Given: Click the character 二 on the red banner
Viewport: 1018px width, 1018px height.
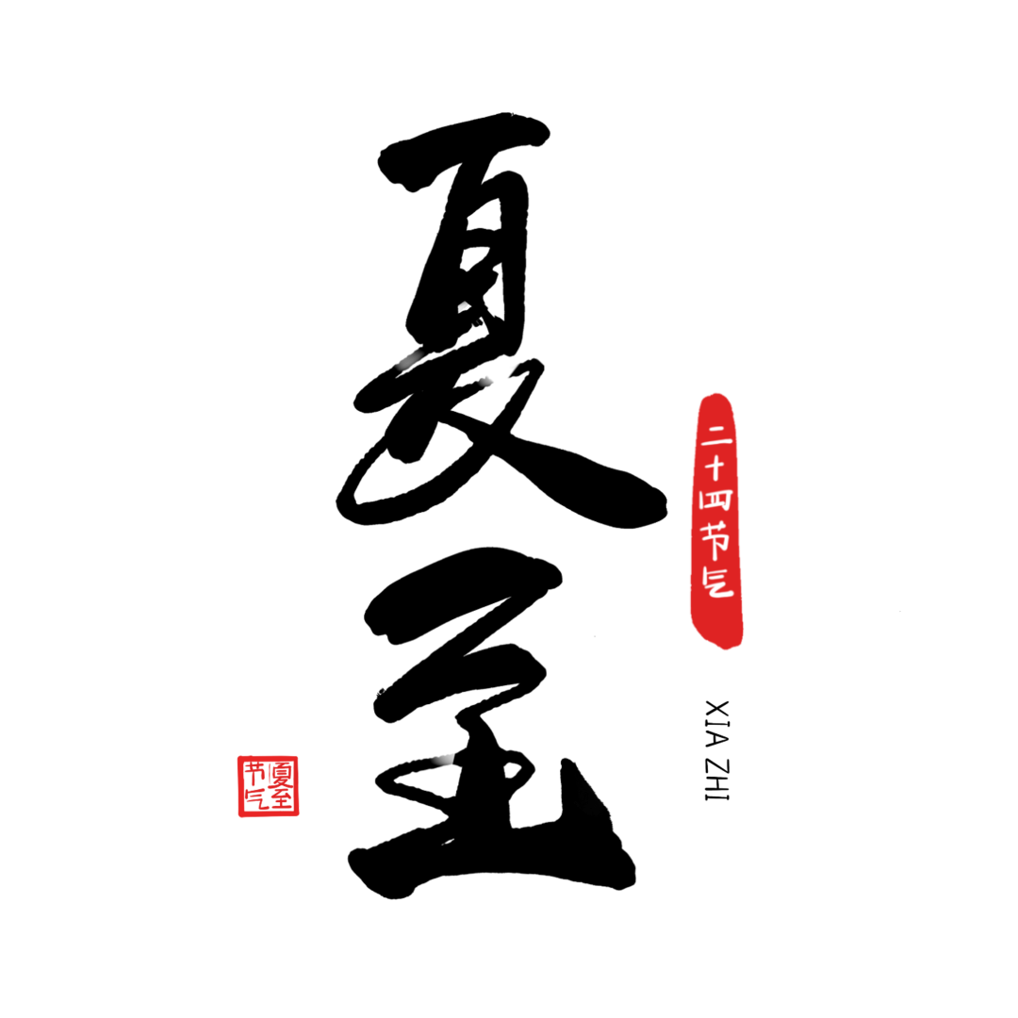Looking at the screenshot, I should pos(715,436).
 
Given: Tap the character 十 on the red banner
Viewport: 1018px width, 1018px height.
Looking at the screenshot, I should pos(715,468).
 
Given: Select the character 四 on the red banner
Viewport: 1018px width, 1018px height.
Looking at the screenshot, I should pos(715,500).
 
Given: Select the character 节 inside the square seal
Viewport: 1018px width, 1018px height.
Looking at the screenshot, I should pos(254,775).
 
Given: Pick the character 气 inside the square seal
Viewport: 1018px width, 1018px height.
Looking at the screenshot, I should pos(254,800).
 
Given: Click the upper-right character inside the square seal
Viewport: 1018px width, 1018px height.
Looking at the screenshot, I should pos(283,774).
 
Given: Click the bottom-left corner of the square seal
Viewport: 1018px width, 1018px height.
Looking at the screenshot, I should pos(238,815).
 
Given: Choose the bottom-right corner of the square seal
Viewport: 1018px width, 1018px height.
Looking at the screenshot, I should pos(298,815).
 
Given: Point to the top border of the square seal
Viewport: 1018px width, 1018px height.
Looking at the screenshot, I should pos(269,757).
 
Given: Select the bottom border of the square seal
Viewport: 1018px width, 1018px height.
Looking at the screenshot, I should pos(269,815).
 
